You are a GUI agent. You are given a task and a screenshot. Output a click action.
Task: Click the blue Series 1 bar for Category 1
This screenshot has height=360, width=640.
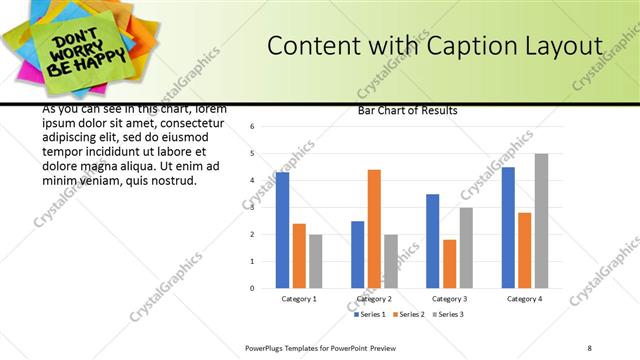(x=282, y=230)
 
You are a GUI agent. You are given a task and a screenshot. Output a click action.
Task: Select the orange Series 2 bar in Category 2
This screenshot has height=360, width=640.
(x=374, y=228)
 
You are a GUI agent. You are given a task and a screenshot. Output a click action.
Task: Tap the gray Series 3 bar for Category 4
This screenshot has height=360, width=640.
(x=541, y=220)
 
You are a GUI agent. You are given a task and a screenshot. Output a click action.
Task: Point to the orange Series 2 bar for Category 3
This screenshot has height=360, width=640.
(x=450, y=264)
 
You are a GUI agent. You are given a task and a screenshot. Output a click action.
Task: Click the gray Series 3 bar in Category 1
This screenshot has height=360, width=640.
(x=316, y=261)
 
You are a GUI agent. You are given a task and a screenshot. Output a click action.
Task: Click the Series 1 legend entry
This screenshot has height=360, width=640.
(x=372, y=314)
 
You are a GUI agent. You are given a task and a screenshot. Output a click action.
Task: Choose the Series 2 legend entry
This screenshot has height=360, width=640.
(x=408, y=314)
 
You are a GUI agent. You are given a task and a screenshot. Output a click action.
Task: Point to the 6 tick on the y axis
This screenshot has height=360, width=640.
(x=253, y=127)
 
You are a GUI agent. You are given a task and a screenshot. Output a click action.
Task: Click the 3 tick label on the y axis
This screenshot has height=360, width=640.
(x=253, y=208)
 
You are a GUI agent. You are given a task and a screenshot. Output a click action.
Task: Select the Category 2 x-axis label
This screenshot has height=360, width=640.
(x=374, y=298)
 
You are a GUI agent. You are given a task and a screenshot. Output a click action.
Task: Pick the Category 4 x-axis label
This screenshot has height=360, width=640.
(x=524, y=298)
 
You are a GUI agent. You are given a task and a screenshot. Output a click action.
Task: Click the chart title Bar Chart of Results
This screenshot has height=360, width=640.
(x=407, y=111)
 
